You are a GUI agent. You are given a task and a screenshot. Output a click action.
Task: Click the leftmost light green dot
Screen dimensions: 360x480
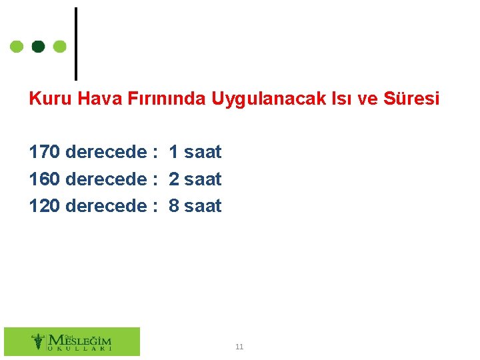tap(17, 47)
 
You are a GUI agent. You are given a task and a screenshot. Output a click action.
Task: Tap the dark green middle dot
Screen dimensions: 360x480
tap(39, 47)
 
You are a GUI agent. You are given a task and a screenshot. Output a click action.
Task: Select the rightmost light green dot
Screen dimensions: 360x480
tap(60, 47)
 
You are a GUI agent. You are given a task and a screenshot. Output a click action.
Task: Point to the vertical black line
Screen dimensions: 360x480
tap(75, 43)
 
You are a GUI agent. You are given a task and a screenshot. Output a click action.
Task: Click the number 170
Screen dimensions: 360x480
tap(44, 152)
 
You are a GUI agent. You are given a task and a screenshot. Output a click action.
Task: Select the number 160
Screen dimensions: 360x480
tap(44, 179)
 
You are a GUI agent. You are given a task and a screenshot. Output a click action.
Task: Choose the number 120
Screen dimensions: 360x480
tap(44, 206)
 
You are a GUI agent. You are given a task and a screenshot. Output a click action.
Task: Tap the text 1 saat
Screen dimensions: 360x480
tap(195, 152)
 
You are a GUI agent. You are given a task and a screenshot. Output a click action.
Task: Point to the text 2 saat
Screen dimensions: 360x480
tap(195, 179)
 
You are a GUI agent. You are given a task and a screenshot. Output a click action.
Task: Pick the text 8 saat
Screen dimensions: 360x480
tap(195, 206)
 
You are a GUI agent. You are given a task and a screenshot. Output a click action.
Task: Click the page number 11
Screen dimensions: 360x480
tap(239, 347)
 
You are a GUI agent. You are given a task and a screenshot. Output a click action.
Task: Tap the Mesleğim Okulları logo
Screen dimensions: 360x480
tap(72, 341)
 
